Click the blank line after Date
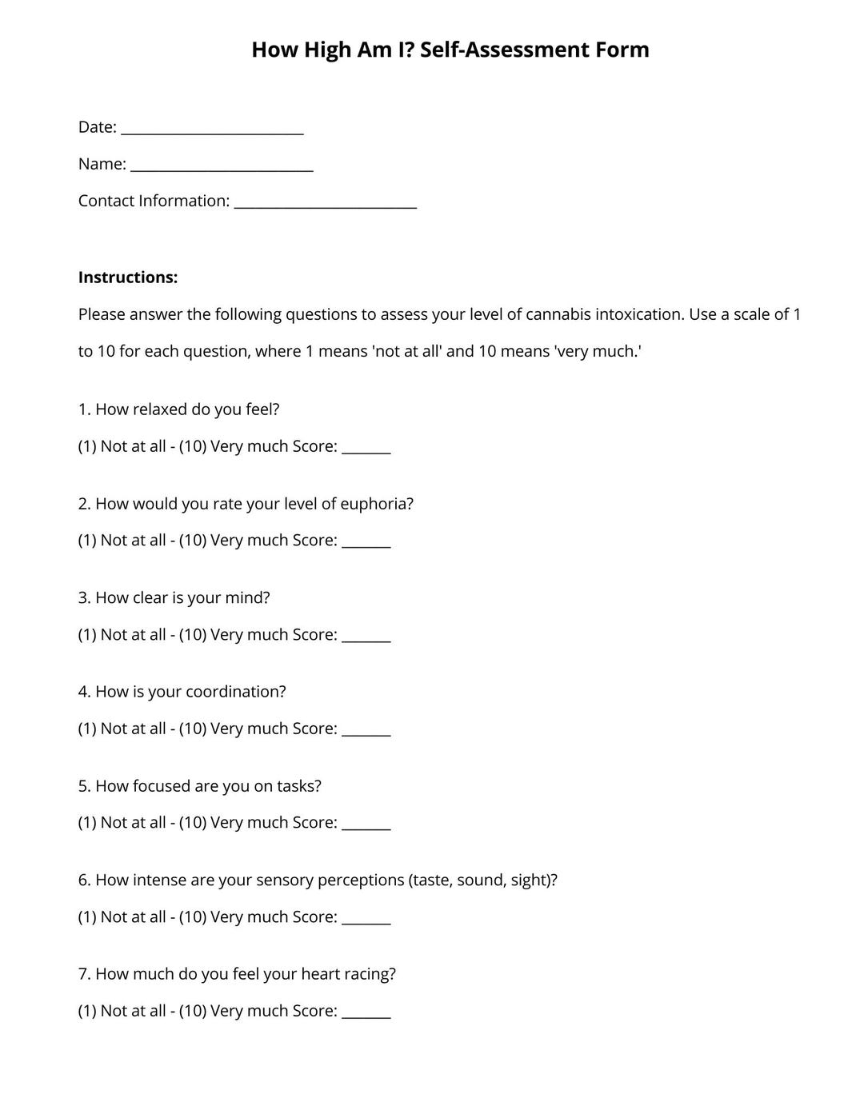(212, 130)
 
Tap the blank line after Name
(222, 166)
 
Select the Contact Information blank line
(326, 203)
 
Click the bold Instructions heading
(128, 278)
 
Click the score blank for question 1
(366, 449)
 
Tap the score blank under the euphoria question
(366, 543)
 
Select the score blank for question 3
(366, 637)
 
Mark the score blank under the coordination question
(366, 731)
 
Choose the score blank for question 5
(366, 825)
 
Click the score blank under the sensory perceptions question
(366, 920)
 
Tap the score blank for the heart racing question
(366, 1013)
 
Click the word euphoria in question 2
(376, 505)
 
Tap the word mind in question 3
(246, 598)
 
